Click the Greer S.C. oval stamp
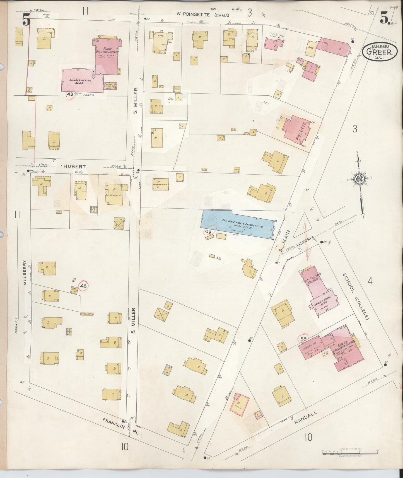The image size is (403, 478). click(x=380, y=52)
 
